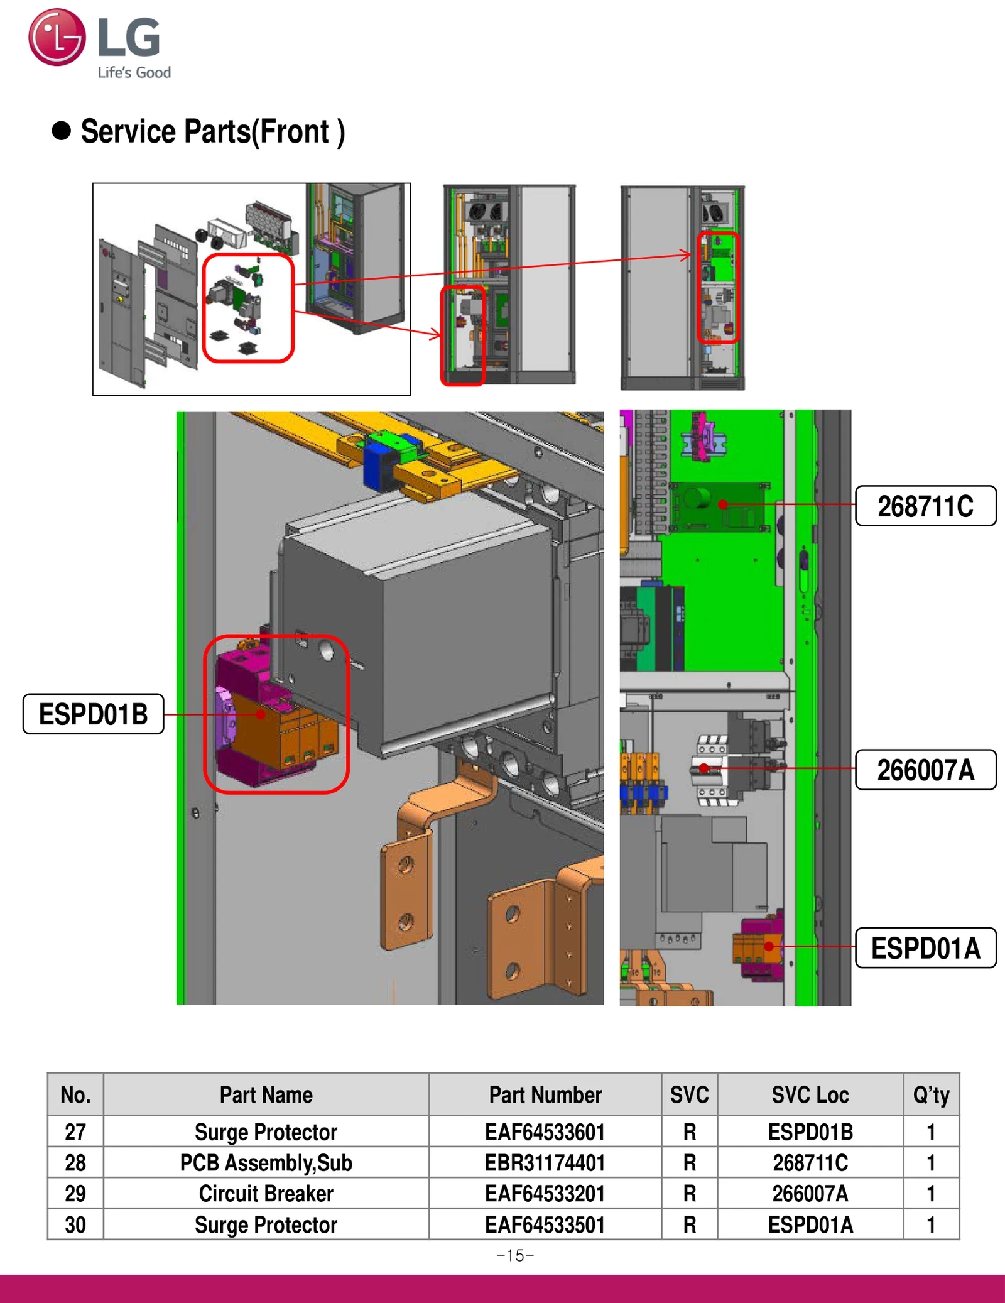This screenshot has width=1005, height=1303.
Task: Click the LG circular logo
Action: tap(57, 37)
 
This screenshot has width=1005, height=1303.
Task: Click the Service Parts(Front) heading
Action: tap(212, 132)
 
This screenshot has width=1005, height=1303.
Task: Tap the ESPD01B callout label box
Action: tap(93, 714)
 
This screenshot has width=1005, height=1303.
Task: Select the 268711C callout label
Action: tap(925, 506)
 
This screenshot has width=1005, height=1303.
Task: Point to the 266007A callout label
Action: tap(925, 770)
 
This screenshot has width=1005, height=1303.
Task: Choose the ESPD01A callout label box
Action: tap(925, 948)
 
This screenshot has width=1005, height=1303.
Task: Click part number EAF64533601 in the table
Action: tap(545, 1132)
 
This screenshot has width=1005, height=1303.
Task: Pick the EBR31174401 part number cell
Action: tap(545, 1163)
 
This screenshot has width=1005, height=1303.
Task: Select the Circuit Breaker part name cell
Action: tap(266, 1194)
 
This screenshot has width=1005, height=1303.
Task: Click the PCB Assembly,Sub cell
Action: tap(266, 1163)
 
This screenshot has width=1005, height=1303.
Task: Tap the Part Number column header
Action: tap(545, 1095)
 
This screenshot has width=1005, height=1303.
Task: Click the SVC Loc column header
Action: tap(810, 1095)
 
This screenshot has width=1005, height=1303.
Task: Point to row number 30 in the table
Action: tap(75, 1224)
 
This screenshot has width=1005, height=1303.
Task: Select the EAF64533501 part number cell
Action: tap(545, 1224)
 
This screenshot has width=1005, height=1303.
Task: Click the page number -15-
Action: tap(515, 1255)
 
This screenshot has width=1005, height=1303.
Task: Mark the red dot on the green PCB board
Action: tap(723, 504)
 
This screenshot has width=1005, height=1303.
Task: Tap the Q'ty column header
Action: tap(931, 1095)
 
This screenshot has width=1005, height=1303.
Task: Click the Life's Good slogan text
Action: tap(134, 72)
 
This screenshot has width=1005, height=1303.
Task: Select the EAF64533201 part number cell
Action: tap(545, 1194)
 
